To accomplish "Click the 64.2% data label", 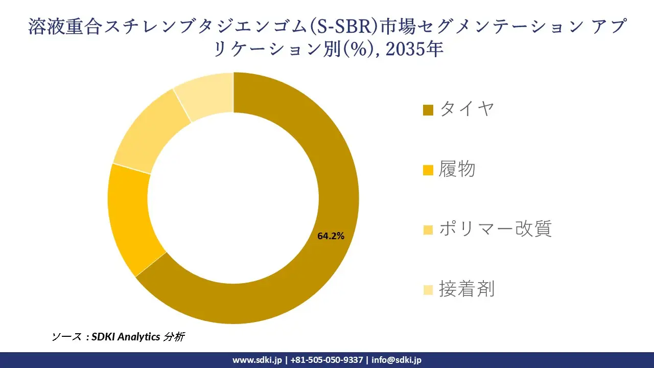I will pos(331,236).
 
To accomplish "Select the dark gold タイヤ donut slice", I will pos(307,286).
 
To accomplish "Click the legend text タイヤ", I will pos(467,109).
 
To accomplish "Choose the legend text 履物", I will pos(457,169).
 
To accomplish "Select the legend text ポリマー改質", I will pos(495,229).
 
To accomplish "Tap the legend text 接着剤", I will pos(466,290).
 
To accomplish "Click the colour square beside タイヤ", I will pos(428,110).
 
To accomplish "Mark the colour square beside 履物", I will pos(428,170).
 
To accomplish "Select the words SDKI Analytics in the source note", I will pos(126,337).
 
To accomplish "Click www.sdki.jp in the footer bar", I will pos(257,360).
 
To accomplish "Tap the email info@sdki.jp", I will pos(396,360).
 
